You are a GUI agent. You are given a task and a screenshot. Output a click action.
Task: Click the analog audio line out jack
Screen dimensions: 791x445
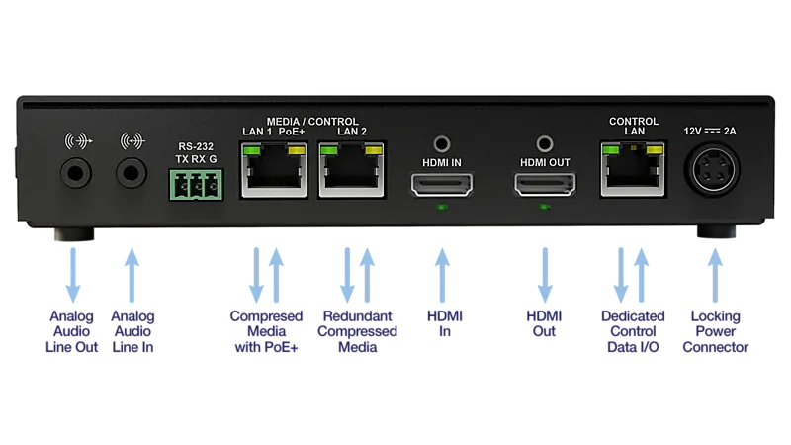(x=76, y=173)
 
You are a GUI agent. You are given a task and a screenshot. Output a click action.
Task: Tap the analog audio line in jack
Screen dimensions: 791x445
(x=132, y=173)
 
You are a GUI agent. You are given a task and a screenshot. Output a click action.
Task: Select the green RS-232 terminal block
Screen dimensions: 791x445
(x=196, y=184)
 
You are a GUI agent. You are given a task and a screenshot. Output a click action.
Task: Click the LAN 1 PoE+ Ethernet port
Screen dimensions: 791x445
(x=274, y=169)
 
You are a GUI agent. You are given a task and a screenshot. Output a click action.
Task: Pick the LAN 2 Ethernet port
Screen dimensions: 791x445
(x=352, y=169)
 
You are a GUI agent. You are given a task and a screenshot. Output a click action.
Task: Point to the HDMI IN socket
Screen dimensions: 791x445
(x=442, y=184)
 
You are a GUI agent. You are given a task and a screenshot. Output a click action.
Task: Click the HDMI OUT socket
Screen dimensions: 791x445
(x=545, y=184)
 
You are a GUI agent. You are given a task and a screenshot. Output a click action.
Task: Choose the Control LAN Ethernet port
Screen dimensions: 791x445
(x=633, y=169)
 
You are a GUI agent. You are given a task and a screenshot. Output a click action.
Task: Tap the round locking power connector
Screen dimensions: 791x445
(x=712, y=170)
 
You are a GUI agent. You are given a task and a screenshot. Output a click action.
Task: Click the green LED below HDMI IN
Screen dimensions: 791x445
(x=442, y=207)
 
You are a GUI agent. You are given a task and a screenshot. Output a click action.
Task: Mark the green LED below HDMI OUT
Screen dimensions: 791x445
(x=545, y=207)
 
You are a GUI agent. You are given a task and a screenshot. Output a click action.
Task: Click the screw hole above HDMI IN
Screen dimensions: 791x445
(x=442, y=144)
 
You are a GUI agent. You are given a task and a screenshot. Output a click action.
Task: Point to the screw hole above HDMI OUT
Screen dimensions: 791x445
(x=545, y=144)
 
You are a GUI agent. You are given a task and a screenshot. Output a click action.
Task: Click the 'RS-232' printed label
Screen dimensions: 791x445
(x=196, y=146)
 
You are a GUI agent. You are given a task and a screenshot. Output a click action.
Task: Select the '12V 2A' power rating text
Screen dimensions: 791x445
(x=710, y=132)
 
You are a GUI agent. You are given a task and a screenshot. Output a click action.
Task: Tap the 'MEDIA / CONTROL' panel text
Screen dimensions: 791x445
(x=312, y=122)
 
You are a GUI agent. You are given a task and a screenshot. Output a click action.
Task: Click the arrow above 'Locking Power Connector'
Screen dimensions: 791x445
(x=715, y=275)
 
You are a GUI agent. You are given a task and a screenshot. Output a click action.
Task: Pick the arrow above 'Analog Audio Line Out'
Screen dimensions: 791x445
(x=73, y=275)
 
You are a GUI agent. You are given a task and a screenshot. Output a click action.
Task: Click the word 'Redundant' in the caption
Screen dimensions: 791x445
(x=357, y=316)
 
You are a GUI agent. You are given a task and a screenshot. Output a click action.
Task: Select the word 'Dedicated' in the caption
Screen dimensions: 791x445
(x=633, y=316)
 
